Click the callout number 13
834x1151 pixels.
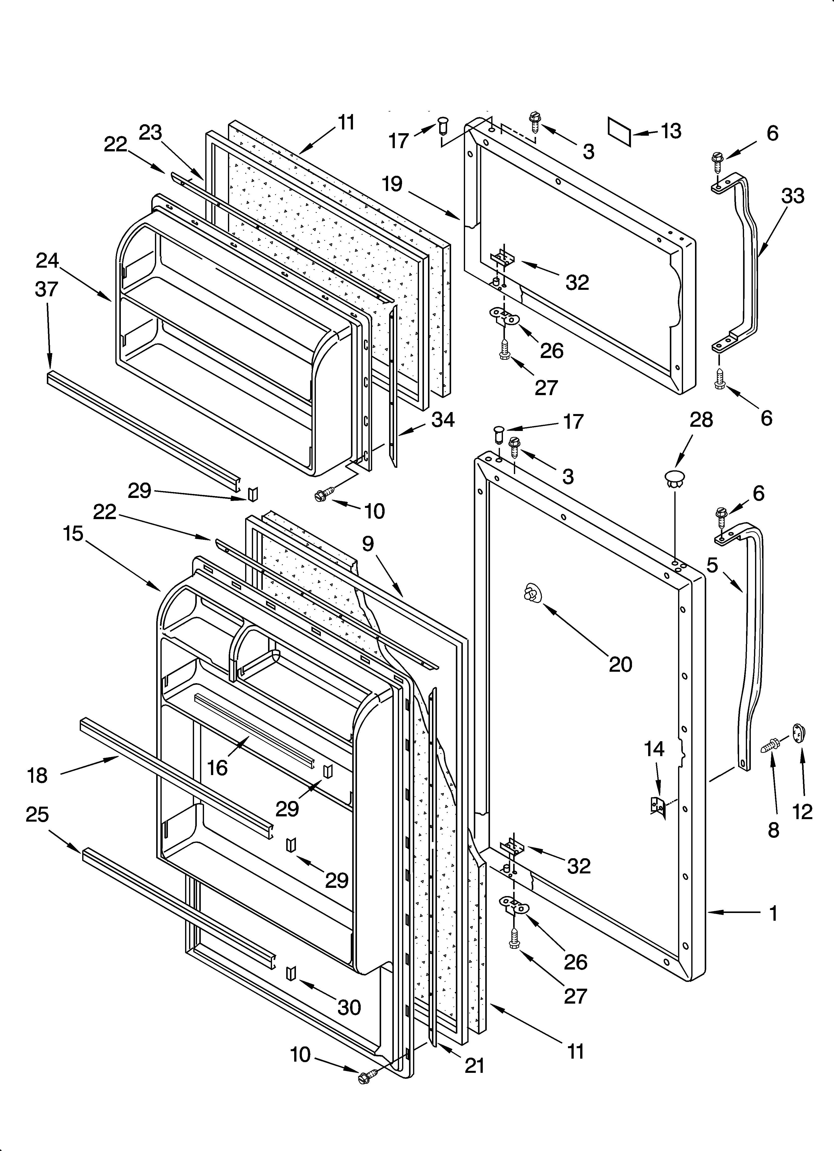(671, 131)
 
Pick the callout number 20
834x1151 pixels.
(620, 664)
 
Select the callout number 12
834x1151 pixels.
(803, 812)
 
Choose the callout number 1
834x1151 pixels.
(773, 913)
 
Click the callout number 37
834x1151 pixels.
(47, 289)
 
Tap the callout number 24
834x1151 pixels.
(48, 261)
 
